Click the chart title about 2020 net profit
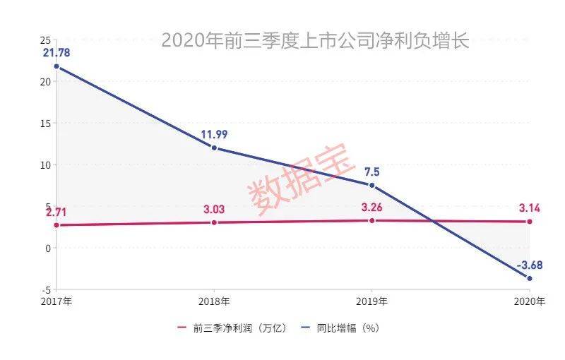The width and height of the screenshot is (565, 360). coord(315,40)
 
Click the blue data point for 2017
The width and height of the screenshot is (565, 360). coord(56,67)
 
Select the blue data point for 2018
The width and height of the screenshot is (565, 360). coord(214,148)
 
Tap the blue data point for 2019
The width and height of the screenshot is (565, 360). coord(372,185)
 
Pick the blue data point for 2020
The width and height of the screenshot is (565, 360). coord(530,278)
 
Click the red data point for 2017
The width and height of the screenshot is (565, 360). coord(56,225)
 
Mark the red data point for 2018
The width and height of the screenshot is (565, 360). coord(214,222)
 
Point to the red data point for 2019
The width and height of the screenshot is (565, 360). coord(372,220)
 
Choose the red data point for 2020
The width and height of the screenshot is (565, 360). coord(530,222)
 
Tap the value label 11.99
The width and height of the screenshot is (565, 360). coord(214,133)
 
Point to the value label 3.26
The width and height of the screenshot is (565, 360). coord(372,208)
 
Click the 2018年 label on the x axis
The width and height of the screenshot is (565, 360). coord(214,301)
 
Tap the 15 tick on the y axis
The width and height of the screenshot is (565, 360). coord(45,123)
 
